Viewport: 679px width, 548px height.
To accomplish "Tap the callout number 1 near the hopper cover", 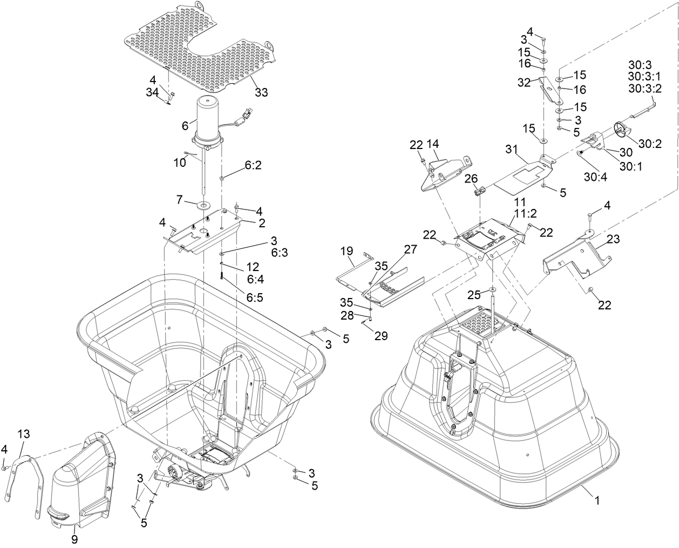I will coord(597,500).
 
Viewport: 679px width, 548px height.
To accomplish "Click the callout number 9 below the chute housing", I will coord(75,539).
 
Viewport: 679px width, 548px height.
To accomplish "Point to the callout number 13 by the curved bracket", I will coord(24,434).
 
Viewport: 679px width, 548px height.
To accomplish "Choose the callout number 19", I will coord(347,251).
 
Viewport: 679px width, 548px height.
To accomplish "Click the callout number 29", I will coord(381,336).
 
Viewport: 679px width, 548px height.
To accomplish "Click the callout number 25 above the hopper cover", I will coord(473,295).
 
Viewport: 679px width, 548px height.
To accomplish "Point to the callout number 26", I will coord(471,178).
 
